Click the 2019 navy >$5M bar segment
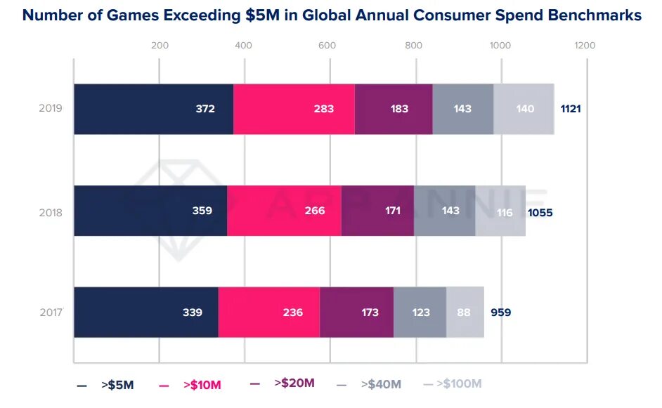point(153,109)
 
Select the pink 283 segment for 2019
point(294,109)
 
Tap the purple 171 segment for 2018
point(377,211)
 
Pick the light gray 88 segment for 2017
point(465,312)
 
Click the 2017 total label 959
point(500,312)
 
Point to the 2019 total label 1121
point(571,109)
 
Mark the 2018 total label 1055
point(540,211)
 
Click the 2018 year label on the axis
point(51,211)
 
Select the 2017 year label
point(51,312)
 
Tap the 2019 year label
point(51,109)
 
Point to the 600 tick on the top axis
point(326,46)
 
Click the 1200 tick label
point(585,46)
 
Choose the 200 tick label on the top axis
point(160,46)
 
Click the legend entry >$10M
point(202,385)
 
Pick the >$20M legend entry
point(294,383)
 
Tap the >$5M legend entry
point(117,385)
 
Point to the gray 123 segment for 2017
point(420,312)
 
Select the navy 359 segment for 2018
point(150,211)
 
